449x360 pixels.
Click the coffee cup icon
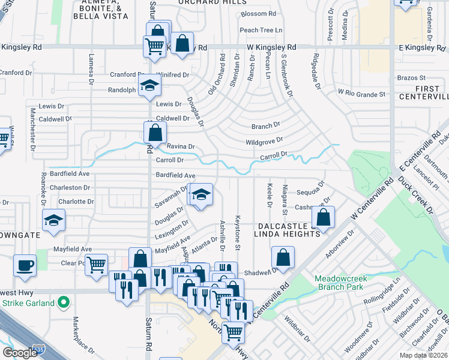(x=25, y=265)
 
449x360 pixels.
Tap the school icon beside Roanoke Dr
(x=53, y=220)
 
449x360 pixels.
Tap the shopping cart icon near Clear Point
(x=96, y=265)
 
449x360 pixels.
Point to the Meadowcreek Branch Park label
(x=340, y=283)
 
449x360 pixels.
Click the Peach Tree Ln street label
(x=261, y=30)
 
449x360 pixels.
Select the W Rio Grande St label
(x=361, y=94)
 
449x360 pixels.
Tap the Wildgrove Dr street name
(x=264, y=142)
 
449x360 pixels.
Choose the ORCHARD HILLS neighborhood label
(x=205, y=2)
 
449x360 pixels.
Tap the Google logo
(x=20, y=353)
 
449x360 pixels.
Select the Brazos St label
(x=412, y=78)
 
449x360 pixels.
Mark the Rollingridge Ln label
(x=382, y=293)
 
